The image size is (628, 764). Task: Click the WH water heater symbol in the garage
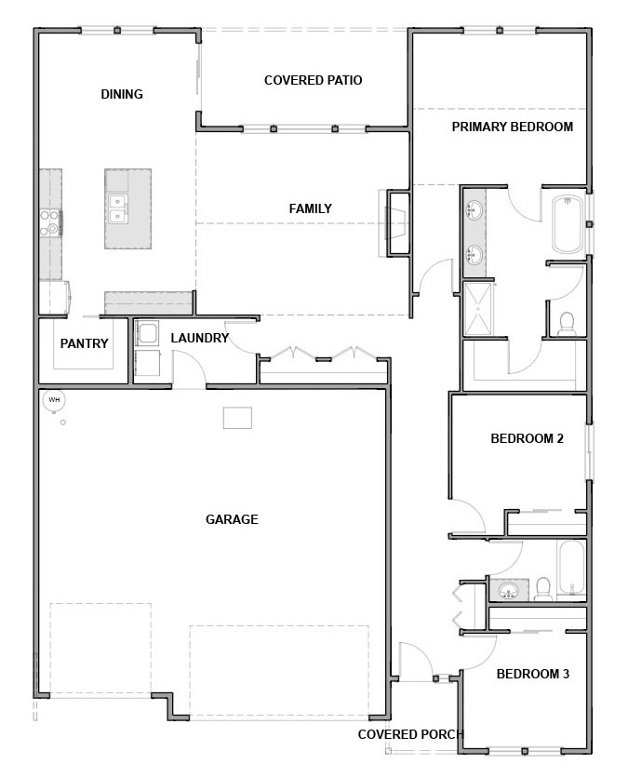click(54, 400)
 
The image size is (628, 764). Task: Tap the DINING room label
click(122, 94)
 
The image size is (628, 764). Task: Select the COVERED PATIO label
click(314, 80)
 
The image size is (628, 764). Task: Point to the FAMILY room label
click(311, 208)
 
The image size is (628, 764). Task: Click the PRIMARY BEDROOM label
click(513, 127)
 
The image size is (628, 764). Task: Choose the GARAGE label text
click(232, 519)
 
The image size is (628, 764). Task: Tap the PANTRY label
click(85, 343)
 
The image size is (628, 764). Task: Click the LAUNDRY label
click(200, 338)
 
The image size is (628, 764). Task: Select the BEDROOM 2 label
click(528, 438)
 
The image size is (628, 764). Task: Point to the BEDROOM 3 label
click(533, 674)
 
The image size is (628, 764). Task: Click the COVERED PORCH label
click(410, 734)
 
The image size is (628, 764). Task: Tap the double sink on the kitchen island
click(117, 208)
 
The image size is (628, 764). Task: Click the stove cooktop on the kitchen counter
click(49, 222)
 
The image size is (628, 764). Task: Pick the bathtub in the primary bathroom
click(568, 223)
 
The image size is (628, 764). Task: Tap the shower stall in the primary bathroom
click(478, 308)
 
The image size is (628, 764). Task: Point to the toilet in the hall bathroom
click(541, 589)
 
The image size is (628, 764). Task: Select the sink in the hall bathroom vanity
click(508, 591)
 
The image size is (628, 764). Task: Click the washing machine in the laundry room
click(147, 334)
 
